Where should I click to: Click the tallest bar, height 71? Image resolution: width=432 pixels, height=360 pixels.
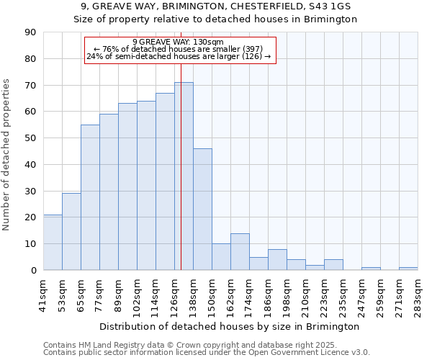[x=184, y=176]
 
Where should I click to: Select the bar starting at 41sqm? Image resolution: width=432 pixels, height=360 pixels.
[x=53, y=243]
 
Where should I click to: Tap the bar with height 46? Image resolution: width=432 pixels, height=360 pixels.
[x=202, y=210]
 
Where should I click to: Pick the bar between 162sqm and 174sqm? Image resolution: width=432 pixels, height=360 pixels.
[x=240, y=252]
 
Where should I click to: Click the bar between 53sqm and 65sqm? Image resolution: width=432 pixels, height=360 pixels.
[x=71, y=232]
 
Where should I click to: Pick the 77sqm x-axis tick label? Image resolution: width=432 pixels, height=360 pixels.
[x=99, y=294]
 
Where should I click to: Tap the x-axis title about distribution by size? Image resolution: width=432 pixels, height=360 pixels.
[x=230, y=326]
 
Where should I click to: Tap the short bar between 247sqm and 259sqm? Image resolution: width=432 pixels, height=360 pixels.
[x=371, y=269]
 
